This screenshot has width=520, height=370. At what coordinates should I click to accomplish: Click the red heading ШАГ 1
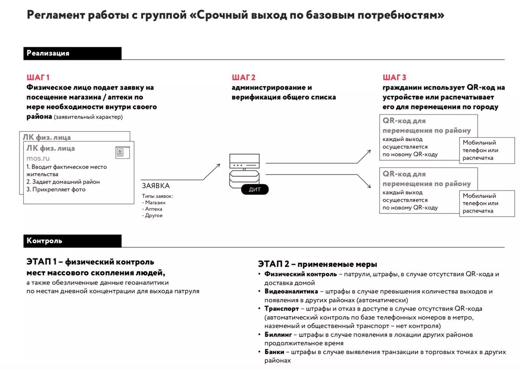click(x=38, y=77)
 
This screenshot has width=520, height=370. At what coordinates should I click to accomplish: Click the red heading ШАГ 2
click(x=244, y=77)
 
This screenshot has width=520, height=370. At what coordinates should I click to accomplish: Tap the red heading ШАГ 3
click(x=394, y=77)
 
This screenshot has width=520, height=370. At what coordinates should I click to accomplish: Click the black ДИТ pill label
click(x=255, y=189)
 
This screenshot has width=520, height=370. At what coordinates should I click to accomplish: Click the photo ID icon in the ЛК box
click(x=120, y=152)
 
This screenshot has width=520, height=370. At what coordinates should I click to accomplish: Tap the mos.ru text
click(x=38, y=158)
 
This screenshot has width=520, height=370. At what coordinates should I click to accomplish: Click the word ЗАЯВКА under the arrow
click(x=156, y=186)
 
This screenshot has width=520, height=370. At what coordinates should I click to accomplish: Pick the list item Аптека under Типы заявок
click(x=154, y=209)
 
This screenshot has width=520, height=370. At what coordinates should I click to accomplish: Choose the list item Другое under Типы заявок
click(x=154, y=215)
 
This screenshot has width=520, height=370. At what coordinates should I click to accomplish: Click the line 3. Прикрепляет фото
click(x=56, y=189)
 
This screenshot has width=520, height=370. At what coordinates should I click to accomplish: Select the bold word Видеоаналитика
click(x=291, y=292)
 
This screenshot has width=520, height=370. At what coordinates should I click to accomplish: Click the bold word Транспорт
click(x=282, y=309)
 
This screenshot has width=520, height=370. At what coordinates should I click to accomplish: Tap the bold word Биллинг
click(x=278, y=335)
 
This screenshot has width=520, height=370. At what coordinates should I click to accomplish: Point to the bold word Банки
click(x=274, y=352)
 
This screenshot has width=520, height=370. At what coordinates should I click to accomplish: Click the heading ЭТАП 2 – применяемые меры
click(x=317, y=264)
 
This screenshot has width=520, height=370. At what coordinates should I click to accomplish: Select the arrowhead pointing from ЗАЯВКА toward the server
click(x=219, y=165)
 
